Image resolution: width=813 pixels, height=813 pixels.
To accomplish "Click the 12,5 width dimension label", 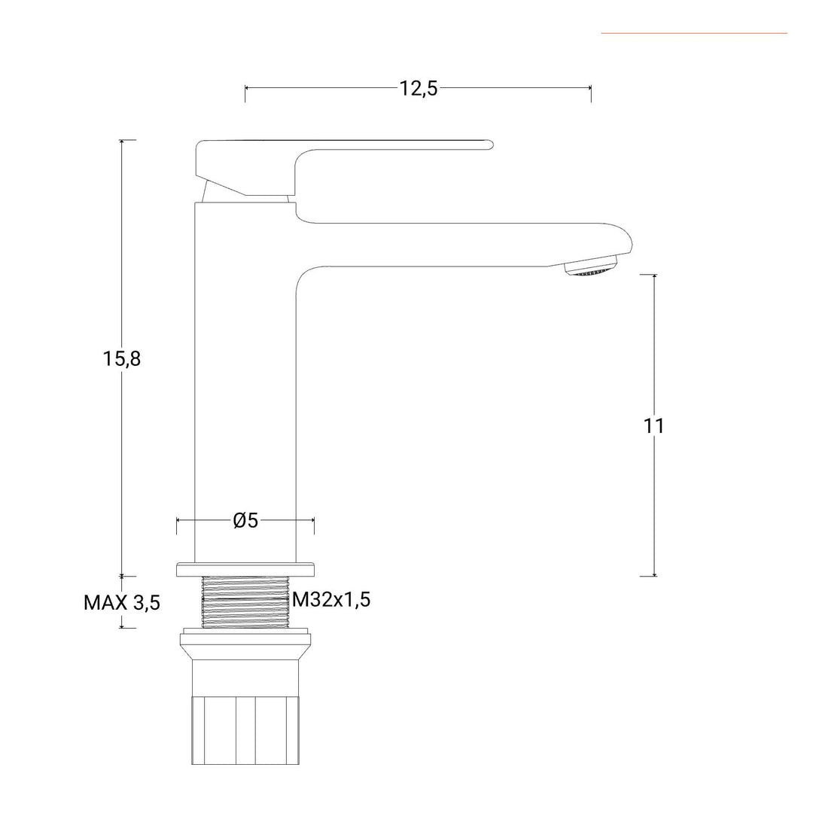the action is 418,89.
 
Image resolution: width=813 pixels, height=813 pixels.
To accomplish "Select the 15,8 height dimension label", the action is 121,358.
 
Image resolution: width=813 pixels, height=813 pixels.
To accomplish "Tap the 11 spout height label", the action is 653,425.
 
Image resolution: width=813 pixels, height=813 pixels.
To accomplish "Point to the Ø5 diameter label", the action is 245,520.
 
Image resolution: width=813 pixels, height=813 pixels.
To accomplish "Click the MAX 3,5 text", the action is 122,602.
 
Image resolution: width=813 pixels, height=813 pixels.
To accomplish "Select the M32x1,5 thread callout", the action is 331,599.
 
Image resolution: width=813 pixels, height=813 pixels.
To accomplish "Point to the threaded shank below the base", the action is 245,602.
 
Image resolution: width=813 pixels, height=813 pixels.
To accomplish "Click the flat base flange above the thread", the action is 245,569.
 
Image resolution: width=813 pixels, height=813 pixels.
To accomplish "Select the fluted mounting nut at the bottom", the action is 245,730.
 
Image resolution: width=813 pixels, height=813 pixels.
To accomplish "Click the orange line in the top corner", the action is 694,33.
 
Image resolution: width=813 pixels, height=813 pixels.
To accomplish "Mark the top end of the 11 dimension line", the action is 654,275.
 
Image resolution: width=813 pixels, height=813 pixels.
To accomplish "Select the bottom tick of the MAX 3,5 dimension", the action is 122,628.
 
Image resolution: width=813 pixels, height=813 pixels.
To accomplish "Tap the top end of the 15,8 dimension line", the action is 122,140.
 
